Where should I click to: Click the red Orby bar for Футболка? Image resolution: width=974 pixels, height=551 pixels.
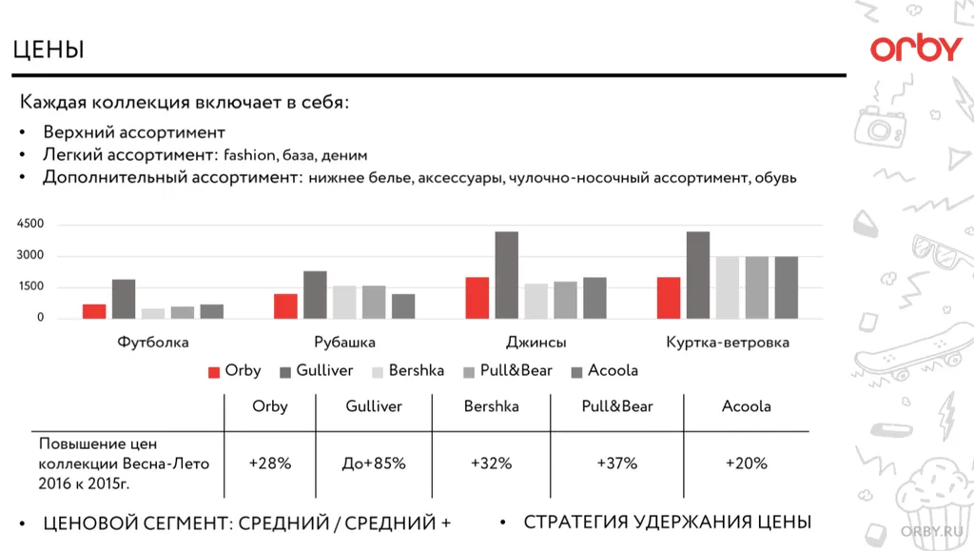click(x=94, y=311)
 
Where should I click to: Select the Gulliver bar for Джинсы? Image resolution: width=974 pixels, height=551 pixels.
click(x=507, y=275)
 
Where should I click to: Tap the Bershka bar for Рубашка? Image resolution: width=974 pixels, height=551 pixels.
click(x=344, y=302)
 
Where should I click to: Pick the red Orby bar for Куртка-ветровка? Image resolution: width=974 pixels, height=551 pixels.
click(x=669, y=298)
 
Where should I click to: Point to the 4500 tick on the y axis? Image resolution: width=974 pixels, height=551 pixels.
click(x=29, y=225)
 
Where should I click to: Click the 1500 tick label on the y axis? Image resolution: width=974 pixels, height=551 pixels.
click(x=29, y=287)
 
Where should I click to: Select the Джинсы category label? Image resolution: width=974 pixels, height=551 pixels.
click(x=536, y=343)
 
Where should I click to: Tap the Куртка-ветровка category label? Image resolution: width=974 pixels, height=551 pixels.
click(x=728, y=343)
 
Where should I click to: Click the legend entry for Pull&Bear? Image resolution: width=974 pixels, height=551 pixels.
click(x=508, y=371)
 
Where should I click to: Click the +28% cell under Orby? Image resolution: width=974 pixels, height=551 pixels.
click(x=270, y=463)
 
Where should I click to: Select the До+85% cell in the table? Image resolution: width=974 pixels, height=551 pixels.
click(x=374, y=463)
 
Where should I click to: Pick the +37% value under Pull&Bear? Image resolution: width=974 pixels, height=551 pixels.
click(x=617, y=463)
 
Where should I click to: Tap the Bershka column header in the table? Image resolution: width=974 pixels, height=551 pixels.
click(x=492, y=406)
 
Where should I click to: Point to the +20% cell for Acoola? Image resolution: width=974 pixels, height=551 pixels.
click(x=747, y=463)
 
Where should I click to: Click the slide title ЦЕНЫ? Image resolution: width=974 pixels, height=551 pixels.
click(x=49, y=49)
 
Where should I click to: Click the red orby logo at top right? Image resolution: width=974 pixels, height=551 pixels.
click(x=916, y=49)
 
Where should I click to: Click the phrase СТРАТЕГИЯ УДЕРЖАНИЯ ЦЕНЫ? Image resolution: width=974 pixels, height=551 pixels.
click(x=667, y=522)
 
